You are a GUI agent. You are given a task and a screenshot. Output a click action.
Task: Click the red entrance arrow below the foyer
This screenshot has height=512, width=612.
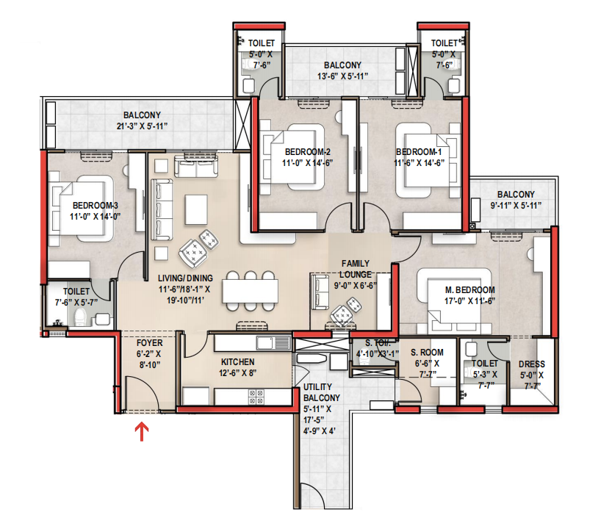coord(142,432)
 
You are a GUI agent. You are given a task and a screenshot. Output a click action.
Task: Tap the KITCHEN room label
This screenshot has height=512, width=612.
coord(238,362)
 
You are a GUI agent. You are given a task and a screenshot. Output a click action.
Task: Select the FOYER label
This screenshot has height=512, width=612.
coord(149,343)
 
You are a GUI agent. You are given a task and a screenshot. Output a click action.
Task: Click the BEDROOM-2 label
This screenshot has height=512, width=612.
coord(308,152)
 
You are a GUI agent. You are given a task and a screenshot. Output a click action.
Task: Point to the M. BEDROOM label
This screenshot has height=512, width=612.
coord(470,290)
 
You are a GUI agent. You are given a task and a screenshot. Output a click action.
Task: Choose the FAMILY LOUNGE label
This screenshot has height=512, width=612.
coord(355,269)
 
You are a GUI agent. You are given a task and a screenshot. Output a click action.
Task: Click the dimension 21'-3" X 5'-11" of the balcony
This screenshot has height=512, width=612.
coord(142,126)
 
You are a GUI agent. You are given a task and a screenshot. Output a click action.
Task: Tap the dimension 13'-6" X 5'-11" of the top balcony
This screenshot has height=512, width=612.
coord(342,76)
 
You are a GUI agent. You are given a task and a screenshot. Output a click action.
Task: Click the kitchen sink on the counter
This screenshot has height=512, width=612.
coord(273,344)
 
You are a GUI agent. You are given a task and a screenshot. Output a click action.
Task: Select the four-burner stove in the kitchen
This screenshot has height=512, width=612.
coord(256,397)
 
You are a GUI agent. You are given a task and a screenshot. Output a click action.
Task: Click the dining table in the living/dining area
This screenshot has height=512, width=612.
coord(251,291)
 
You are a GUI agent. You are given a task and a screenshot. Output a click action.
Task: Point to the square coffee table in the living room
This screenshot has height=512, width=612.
coord(196,209)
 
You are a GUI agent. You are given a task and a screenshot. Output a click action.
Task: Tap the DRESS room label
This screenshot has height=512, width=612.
coord(532,364)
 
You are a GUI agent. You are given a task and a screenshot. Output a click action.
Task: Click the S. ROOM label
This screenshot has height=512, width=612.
coord(427,353)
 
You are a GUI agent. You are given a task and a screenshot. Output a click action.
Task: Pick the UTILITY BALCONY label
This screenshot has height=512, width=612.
coord(322,392)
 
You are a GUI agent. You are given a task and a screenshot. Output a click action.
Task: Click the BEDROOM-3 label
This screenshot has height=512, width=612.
coord(96,206)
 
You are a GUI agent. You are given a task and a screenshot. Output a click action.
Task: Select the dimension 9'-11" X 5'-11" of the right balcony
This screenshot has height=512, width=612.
coord(516,205)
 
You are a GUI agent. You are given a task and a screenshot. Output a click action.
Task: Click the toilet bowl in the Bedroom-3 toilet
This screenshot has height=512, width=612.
coord(80,317)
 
